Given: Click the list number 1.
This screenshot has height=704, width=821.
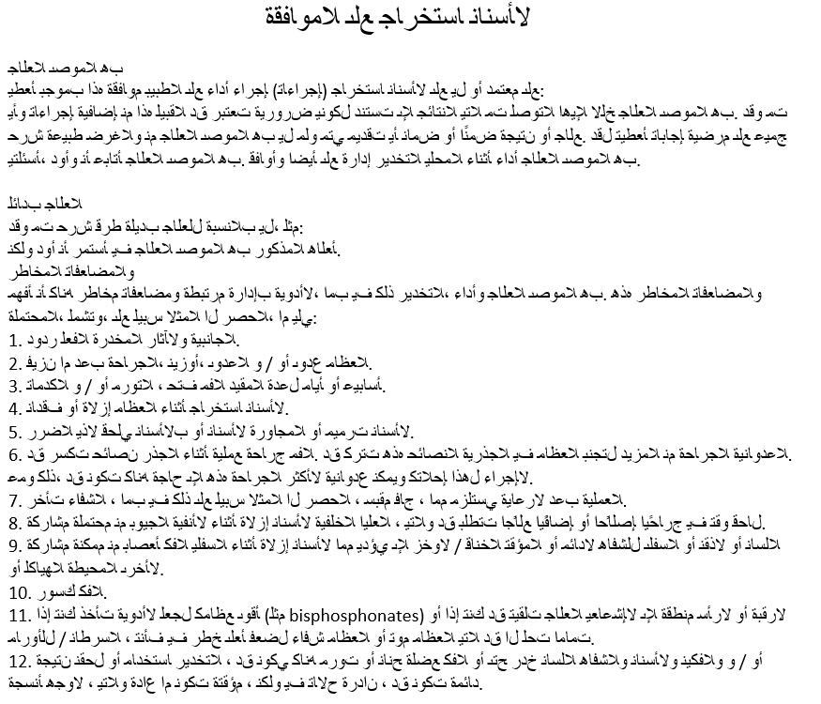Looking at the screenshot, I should click(14, 339).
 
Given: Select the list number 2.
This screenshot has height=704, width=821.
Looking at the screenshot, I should click(14, 362).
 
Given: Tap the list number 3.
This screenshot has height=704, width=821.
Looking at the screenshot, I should click(14, 386).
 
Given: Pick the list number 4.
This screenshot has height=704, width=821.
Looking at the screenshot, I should click(14, 408).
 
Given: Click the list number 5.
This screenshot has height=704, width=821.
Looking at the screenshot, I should click(14, 432).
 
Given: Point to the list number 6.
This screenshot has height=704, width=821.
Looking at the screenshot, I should click(14, 454).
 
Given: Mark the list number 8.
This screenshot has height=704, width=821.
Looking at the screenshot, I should click(14, 523).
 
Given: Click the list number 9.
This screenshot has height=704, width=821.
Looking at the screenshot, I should click(14, 545).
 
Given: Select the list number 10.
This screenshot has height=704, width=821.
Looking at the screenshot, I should click(20, 591).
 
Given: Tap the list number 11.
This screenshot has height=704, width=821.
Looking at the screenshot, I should click(20, 615).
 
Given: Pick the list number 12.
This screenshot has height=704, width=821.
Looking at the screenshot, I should click(20, 661).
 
